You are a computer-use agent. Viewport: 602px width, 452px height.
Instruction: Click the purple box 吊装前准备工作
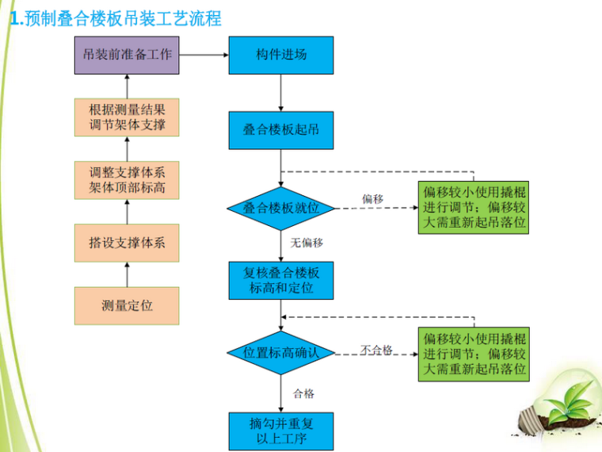(x=127, y=56)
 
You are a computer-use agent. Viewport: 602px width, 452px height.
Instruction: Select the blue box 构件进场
(x=281, y=56)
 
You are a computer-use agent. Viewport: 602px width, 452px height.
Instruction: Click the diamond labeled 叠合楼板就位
(x=281, y=209)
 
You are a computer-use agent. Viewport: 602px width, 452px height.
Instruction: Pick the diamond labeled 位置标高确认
(x=281, y=352)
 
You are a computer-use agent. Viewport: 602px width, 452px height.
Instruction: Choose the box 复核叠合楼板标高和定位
(x=281, y=281)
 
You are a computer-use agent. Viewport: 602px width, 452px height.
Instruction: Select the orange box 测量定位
(x=127, y=305)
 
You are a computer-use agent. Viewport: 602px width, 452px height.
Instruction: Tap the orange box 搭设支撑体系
(x=127, y=243)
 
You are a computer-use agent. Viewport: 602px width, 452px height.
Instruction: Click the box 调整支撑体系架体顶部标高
(x=127, y=181)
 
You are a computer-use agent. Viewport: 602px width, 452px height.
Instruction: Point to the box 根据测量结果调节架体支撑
(x=127, y=117)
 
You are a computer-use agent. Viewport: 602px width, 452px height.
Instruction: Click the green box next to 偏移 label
(x=474, y=208)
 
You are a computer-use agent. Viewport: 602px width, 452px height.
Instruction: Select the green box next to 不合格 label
(x=474, y=352)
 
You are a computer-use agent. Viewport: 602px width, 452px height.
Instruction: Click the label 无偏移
(x=307, y=243)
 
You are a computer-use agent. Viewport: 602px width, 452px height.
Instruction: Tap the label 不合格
(x=376, y=349)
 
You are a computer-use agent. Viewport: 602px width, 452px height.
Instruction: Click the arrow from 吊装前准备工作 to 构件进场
(x=204, y=56)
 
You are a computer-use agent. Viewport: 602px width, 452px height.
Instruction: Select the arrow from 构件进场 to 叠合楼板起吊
(x=281, y=93)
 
